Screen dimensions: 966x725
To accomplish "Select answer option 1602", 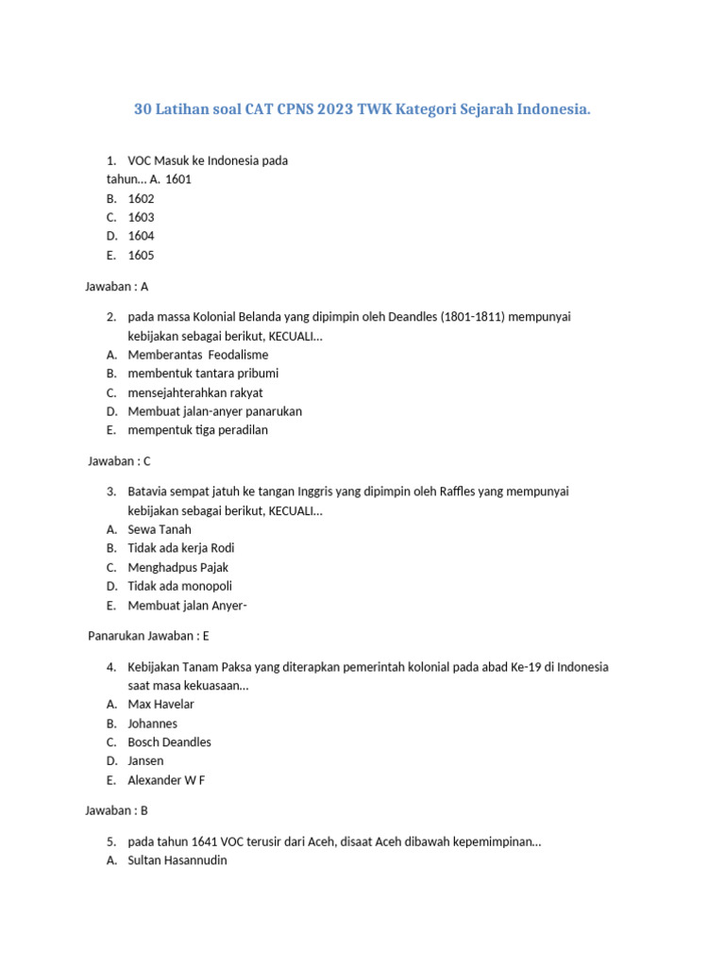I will point(141,198).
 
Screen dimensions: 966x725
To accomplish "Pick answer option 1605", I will point(141,255).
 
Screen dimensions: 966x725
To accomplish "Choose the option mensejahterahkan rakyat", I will point(195,392).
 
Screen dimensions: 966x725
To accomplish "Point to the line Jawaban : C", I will point(119,461).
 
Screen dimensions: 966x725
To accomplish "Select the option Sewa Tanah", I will point(159,529).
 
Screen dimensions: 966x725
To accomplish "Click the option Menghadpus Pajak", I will point(177,567).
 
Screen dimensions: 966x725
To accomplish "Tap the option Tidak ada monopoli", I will point(179,586).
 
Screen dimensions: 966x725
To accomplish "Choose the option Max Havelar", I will point(160,704).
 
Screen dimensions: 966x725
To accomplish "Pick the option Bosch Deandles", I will point(169,741).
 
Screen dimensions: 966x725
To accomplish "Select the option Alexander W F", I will point(166,779).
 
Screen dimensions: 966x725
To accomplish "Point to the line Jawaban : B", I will point(117,810).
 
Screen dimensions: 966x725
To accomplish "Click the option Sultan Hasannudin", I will point(177,860).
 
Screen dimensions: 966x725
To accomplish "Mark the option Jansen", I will point(145,760).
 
